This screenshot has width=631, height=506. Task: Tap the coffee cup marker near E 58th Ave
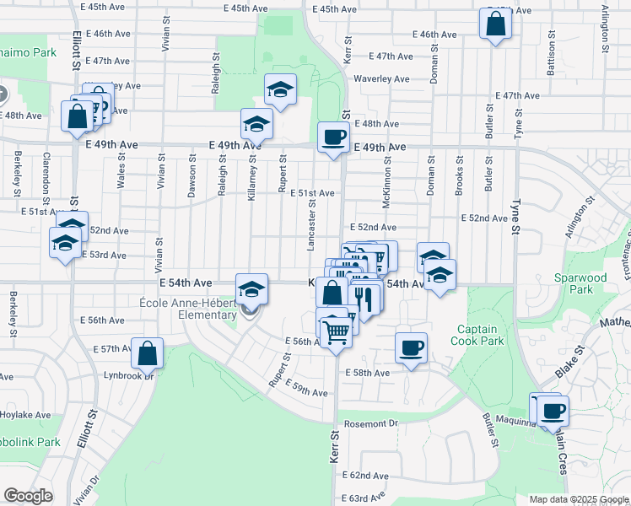point(412,348)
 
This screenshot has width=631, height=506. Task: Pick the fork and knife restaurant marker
point(364,298)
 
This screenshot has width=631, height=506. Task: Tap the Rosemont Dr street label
point(369,423)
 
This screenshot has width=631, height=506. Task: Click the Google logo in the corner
point(28,497)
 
